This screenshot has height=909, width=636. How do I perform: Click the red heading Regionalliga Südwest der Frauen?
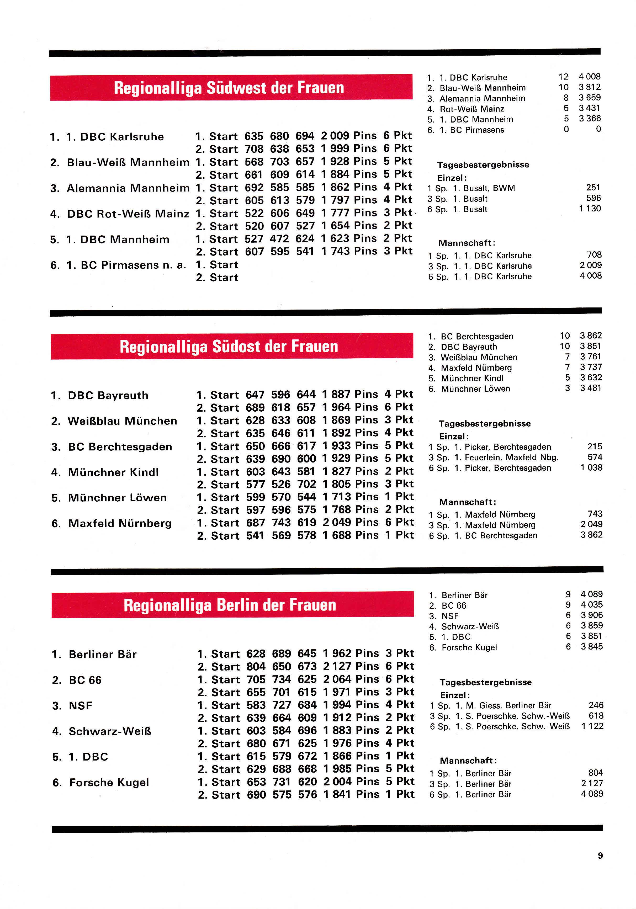click(229, 88)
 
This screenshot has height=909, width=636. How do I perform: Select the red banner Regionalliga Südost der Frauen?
click(229, 347)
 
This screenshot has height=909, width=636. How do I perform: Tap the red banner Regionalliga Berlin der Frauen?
click(230, 605)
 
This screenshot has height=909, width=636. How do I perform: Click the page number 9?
click(600, 855)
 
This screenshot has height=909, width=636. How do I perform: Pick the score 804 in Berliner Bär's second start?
click(256, 666)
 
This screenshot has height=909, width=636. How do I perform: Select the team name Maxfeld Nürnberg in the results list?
click(120, 523)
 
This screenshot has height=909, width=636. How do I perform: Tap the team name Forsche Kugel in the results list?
click(109, 782)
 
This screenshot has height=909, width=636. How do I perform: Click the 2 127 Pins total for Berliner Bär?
click(351, 666)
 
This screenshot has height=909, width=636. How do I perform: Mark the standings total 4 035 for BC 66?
click(591, 604)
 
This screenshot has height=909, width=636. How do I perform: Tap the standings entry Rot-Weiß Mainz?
click(472, 109)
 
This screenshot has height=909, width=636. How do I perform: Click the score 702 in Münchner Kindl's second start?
click(306, 484)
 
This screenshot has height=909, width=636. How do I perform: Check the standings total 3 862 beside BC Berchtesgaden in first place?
click(591, 336)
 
